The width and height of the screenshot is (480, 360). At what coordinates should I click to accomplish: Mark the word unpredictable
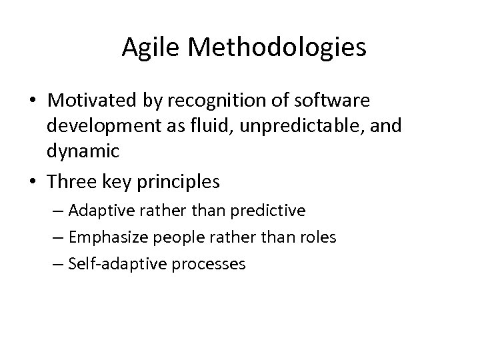click(307, 126)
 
